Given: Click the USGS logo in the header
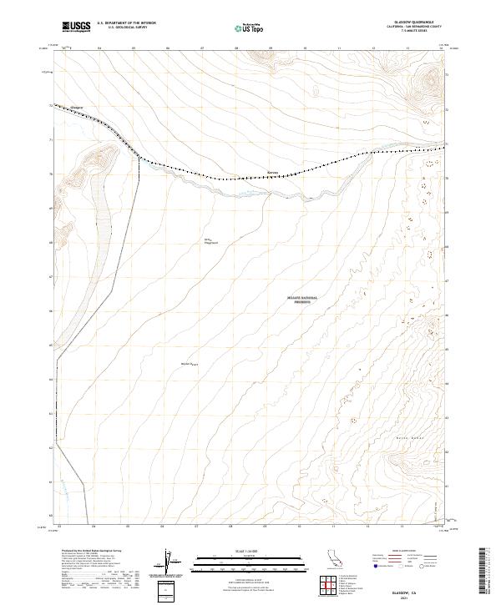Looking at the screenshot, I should point(77,27).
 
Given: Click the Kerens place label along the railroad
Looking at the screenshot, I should point(271,173).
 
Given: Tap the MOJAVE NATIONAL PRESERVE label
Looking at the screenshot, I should point(298,300).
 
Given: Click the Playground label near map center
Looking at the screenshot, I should point(210,244).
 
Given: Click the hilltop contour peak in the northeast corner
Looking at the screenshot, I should point(432,79).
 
